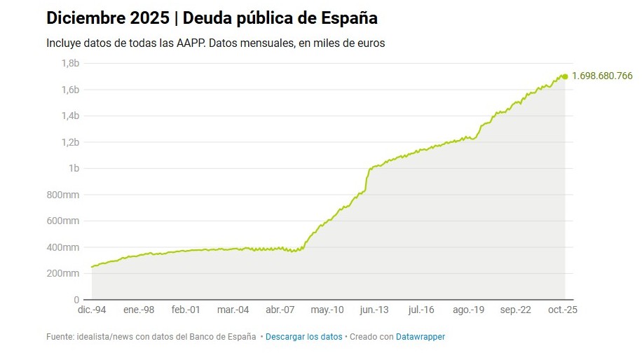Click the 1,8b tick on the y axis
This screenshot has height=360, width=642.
(x=70, y=63)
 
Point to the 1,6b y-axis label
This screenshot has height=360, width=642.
(x=70, y=90)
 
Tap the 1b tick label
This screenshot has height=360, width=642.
(x=74, y=168)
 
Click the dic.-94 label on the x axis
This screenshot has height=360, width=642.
(x=92, y=310)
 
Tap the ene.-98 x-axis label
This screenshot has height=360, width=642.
(x=139, y=310)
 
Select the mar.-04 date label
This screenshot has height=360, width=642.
(x=233, y=310)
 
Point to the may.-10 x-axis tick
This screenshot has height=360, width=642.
(x=327, y=310)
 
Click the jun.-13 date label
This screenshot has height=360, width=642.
(x=374, y=310)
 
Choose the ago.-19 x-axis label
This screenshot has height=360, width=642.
(x=469, y=310)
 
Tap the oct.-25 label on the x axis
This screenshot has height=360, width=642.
(x=563, y=310)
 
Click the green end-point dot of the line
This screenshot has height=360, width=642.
(x=565, y=76)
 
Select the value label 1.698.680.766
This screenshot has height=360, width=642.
(x=602, y=76)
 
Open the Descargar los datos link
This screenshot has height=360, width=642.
(x=304, y=337)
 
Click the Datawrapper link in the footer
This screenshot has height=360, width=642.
(x=421, y=337)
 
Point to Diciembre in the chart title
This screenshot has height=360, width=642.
(x=86, y=18)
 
